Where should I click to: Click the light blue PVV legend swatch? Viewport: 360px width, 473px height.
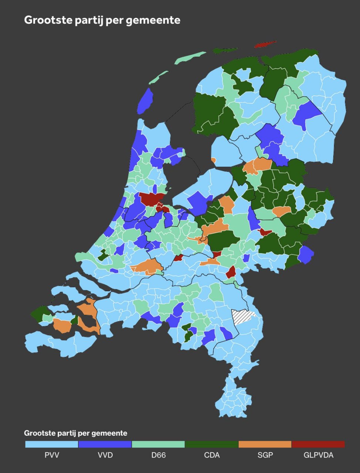[x=52, y=444]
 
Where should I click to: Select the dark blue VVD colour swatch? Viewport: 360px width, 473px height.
[x=105, y=444]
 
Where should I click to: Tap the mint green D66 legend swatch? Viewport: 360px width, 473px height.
[x=158, y=444]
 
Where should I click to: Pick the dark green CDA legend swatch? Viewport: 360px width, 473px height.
[x=212, y=444]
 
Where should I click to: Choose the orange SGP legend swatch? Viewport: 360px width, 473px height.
[x=265, y=444]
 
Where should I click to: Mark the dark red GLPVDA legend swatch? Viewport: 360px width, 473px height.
[x=318, y=444]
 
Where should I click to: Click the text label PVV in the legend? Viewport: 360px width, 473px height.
[x=52, y=455]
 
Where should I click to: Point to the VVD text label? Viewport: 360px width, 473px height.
[x=105, y=455]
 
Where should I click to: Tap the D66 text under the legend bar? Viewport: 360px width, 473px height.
[x=158, y=455]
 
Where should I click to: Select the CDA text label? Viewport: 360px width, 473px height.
[x=212, y=455]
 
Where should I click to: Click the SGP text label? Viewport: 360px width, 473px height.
[x=265, y=455]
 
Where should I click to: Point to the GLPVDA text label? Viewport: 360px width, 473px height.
[x=318, y=455]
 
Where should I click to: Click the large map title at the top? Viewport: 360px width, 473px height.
[x=102, y=20]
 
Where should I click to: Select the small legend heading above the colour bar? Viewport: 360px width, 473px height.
[x=75, y=433]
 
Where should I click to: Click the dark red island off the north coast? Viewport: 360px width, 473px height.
[x=265, y=44]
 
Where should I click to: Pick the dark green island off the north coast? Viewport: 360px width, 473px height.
[x=225, y=50]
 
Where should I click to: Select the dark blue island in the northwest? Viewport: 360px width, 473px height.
[x=145, y=101]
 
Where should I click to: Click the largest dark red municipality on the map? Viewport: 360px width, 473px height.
[x=152, y=198]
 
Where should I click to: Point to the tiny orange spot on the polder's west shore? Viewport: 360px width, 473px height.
[x=214, y=160]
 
